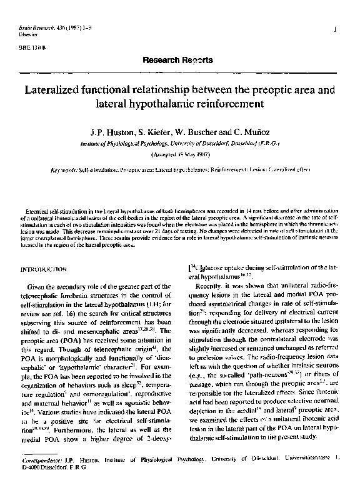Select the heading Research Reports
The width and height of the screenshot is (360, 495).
pyautogui.click(x=177, y=60)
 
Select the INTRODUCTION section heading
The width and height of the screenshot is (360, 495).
pyautogui.click(x=44, y=269)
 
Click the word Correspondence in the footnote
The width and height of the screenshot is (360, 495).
pyautogui.click(x=39, y=465)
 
